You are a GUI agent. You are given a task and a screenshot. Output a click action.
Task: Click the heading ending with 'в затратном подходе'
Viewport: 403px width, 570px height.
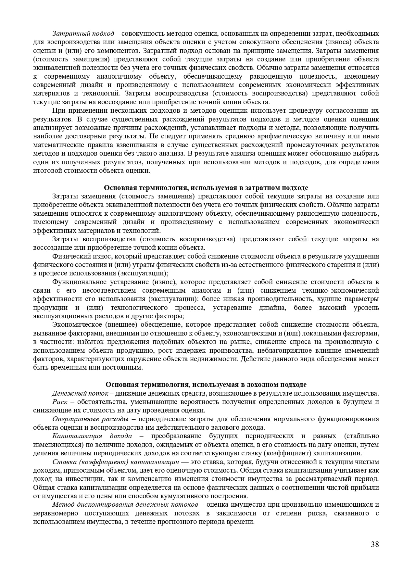click(206, 188)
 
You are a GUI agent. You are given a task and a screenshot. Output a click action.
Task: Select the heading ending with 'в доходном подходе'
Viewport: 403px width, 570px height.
click(206, 385)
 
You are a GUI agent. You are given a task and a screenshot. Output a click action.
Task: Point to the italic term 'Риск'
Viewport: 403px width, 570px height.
click(60, 402)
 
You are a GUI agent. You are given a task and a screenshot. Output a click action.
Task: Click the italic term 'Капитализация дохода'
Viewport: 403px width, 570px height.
click(92, 436)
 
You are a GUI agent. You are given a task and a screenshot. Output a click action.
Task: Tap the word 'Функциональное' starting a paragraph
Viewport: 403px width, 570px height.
click(77, 282)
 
